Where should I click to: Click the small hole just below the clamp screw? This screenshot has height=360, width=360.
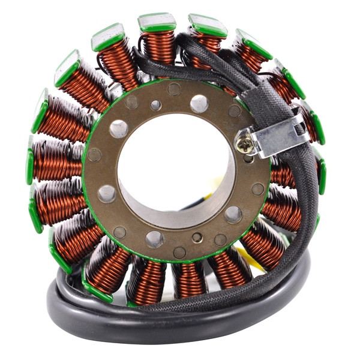click(x=247, y=160)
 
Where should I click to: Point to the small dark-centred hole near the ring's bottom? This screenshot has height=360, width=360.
click(x=197, y=238)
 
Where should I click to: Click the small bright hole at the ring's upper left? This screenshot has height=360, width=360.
click(x=155, y=106)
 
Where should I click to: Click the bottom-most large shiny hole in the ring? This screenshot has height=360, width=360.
click(x=154, y=239)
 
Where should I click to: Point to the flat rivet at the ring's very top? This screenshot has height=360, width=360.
click(x=174, y=89)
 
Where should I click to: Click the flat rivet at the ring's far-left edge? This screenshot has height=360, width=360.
click(x=94, y=155)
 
